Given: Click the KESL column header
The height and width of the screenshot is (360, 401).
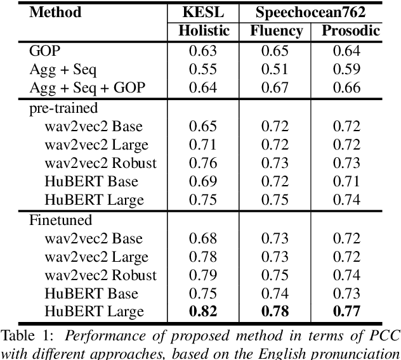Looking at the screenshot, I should pos(204,12).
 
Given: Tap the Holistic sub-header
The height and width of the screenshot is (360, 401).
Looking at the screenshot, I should pos(204,30).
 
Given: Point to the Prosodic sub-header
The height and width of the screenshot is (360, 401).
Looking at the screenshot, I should pos(351,30).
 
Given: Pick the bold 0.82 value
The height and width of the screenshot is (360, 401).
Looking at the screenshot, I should pos(203,311).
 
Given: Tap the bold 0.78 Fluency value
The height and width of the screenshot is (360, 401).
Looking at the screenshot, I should pos(275,311).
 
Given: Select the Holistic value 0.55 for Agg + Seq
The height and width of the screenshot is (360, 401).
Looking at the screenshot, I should pos(203,69).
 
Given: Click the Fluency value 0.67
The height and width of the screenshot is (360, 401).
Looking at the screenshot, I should pos(275,87).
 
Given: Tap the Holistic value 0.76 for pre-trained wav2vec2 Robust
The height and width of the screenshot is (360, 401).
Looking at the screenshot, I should pos(203,163).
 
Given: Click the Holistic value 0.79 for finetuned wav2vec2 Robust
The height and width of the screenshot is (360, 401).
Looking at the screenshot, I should pos(203,274).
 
